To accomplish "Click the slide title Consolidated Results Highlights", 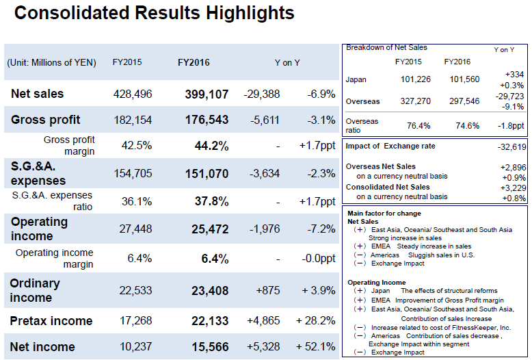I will click(154, 13).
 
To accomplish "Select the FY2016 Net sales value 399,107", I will click(207, 94).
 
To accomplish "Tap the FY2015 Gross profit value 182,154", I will click(132, 120).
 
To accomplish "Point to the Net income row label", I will click(42, 347).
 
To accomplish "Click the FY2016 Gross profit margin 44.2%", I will click(212, 146).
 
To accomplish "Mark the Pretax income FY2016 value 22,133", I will click(210, 321).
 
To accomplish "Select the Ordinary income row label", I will click(35, 290).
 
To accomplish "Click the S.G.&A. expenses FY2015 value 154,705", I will click(132, 174).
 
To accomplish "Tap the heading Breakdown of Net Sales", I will click(386, 48).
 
